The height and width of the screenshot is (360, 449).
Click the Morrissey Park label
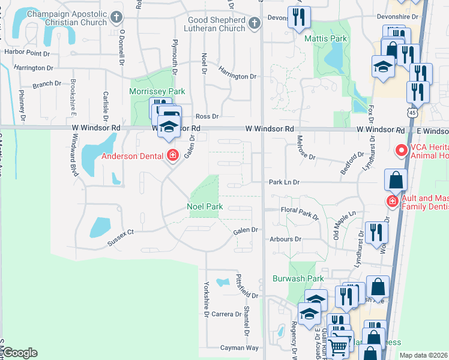157,91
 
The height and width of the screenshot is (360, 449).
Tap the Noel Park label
205,206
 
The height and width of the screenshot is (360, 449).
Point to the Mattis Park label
326,38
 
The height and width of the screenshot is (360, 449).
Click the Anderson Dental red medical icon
173,156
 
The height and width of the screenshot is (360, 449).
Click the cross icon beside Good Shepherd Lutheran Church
254,23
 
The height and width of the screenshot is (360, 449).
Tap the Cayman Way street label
239,347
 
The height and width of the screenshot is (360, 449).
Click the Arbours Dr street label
285,239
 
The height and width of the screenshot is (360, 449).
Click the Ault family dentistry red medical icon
392,200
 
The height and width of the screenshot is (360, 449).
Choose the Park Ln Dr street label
284,181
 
